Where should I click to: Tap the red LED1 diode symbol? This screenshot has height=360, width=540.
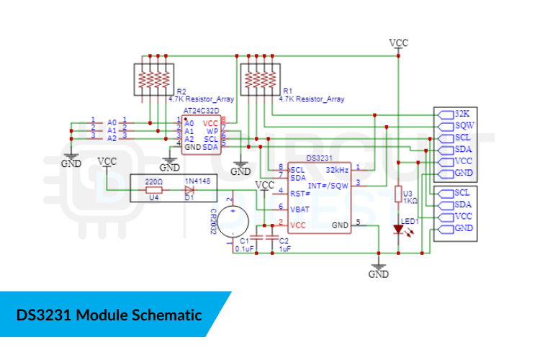tap(398, 230)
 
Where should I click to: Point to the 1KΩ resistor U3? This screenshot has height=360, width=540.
tap(398, 194)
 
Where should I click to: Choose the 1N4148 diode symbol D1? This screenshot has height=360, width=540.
tap(189, 190)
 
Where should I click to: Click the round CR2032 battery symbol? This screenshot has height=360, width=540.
tap(231, 217)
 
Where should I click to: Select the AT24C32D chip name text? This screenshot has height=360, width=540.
tap(202, 112)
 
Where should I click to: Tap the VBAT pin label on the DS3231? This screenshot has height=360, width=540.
tap(300, 209)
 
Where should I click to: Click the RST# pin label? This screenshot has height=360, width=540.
tap(300, 193)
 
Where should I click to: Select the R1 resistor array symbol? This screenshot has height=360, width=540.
tap(259, 79)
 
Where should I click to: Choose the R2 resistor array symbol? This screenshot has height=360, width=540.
tap(153, 79)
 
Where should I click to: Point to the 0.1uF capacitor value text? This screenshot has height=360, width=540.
tap(244, 248)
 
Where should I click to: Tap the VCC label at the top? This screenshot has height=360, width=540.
tap(398, 42)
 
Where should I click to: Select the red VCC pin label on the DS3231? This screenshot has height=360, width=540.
tap(297, 225)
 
